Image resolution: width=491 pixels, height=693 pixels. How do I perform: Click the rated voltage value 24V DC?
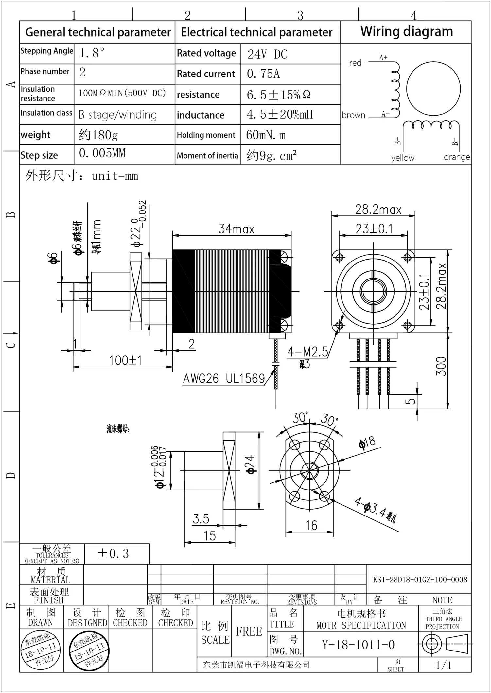tap(267, 54)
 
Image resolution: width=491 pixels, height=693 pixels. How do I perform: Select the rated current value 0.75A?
tap(263, 74)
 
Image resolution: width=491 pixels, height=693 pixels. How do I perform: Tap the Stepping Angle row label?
tap(47, 51)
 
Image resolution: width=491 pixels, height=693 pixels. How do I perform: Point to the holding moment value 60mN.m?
tap(266, 135)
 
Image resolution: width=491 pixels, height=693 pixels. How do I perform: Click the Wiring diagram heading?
tap(407, 32)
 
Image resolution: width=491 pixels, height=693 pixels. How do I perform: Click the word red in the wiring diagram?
tap(355, 63)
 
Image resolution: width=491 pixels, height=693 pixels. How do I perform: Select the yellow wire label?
tap(403, 158)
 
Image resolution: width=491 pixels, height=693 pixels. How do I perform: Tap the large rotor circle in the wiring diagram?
tap(433, 89)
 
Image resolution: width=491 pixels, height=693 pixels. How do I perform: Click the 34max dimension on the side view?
tap(236, 229)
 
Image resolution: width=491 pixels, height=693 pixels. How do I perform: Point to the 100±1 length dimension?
tap(125, 361)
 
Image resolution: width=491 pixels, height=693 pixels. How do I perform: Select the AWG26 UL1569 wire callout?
tap(224, 379)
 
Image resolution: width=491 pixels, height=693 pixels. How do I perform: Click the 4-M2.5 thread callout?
tap(307, 352)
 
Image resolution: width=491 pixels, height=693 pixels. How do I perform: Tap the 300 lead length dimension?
tap(441, 366)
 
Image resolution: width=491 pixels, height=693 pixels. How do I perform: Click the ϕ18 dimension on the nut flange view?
tap(367, 443)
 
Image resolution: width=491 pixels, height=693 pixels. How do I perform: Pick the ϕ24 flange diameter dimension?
tap(251, 464)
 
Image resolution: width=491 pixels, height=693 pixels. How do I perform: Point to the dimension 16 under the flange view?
tap(311, 526)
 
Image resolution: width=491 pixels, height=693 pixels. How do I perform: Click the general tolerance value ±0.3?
tap(113, 554)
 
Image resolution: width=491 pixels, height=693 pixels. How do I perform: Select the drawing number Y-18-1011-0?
tap(358, 645)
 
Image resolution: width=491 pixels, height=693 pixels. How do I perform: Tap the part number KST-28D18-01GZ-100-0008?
tap(420, 580)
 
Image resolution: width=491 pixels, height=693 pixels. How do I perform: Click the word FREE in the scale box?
tap(249, 632)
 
